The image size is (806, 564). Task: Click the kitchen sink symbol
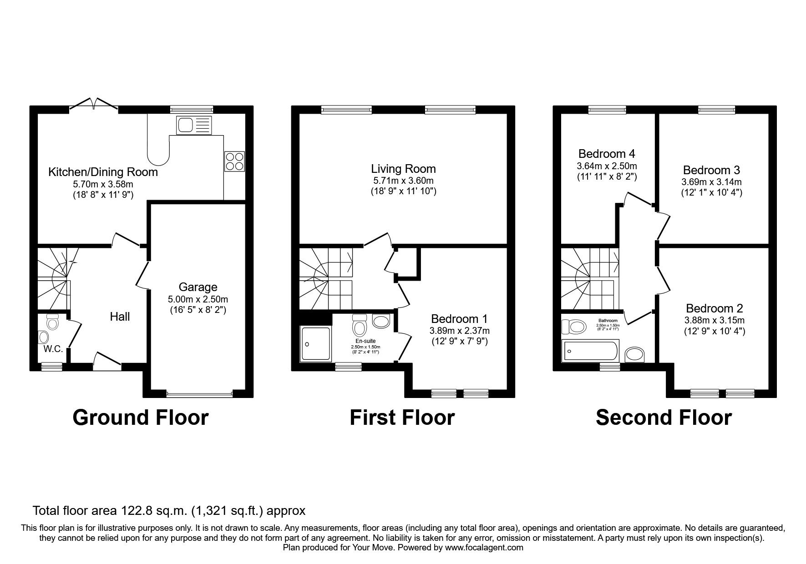click(x=195, y=125)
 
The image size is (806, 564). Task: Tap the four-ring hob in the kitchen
click(x=234, y=161)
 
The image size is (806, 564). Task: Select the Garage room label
click(x=198, y=287)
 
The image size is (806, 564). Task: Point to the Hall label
click(x=120, y=317)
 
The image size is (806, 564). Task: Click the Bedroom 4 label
click(x=606, y=153)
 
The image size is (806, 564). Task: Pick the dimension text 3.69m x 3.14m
click(x=711, y=182)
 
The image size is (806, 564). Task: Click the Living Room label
click(x=403, y=169)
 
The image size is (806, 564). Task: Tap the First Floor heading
click(x=402, y=418)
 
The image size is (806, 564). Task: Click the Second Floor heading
click(x=664, y=418)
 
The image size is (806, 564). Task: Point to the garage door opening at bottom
click(x=199, y=394)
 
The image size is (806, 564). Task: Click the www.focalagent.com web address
click(x=484, y=548)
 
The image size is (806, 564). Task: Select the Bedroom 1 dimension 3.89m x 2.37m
click(x=459, y=331)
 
